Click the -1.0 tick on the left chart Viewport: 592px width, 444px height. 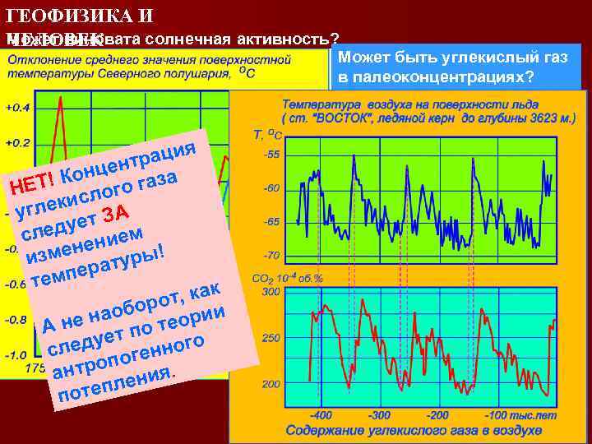[16, 355]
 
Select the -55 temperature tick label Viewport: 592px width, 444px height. [271, 155]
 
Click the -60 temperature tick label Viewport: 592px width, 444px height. [271, 188]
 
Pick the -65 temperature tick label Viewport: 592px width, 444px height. [271, 222]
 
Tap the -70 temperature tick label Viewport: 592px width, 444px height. [271, 256]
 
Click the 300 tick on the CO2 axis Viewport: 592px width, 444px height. [271, 291]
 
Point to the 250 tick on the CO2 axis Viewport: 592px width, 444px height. [271, 337]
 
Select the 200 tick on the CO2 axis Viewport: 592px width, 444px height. [271, 383]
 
